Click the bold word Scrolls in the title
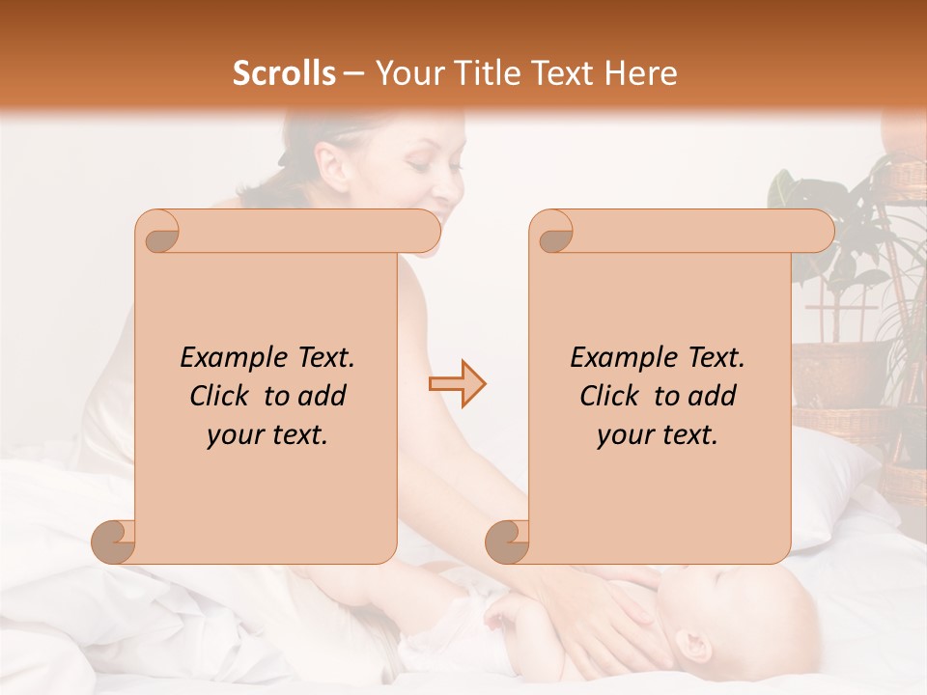tap(284, 73)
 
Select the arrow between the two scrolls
tap(457, 384)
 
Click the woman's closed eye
tap(418, 167)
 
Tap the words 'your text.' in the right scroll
tap(658, 434)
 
